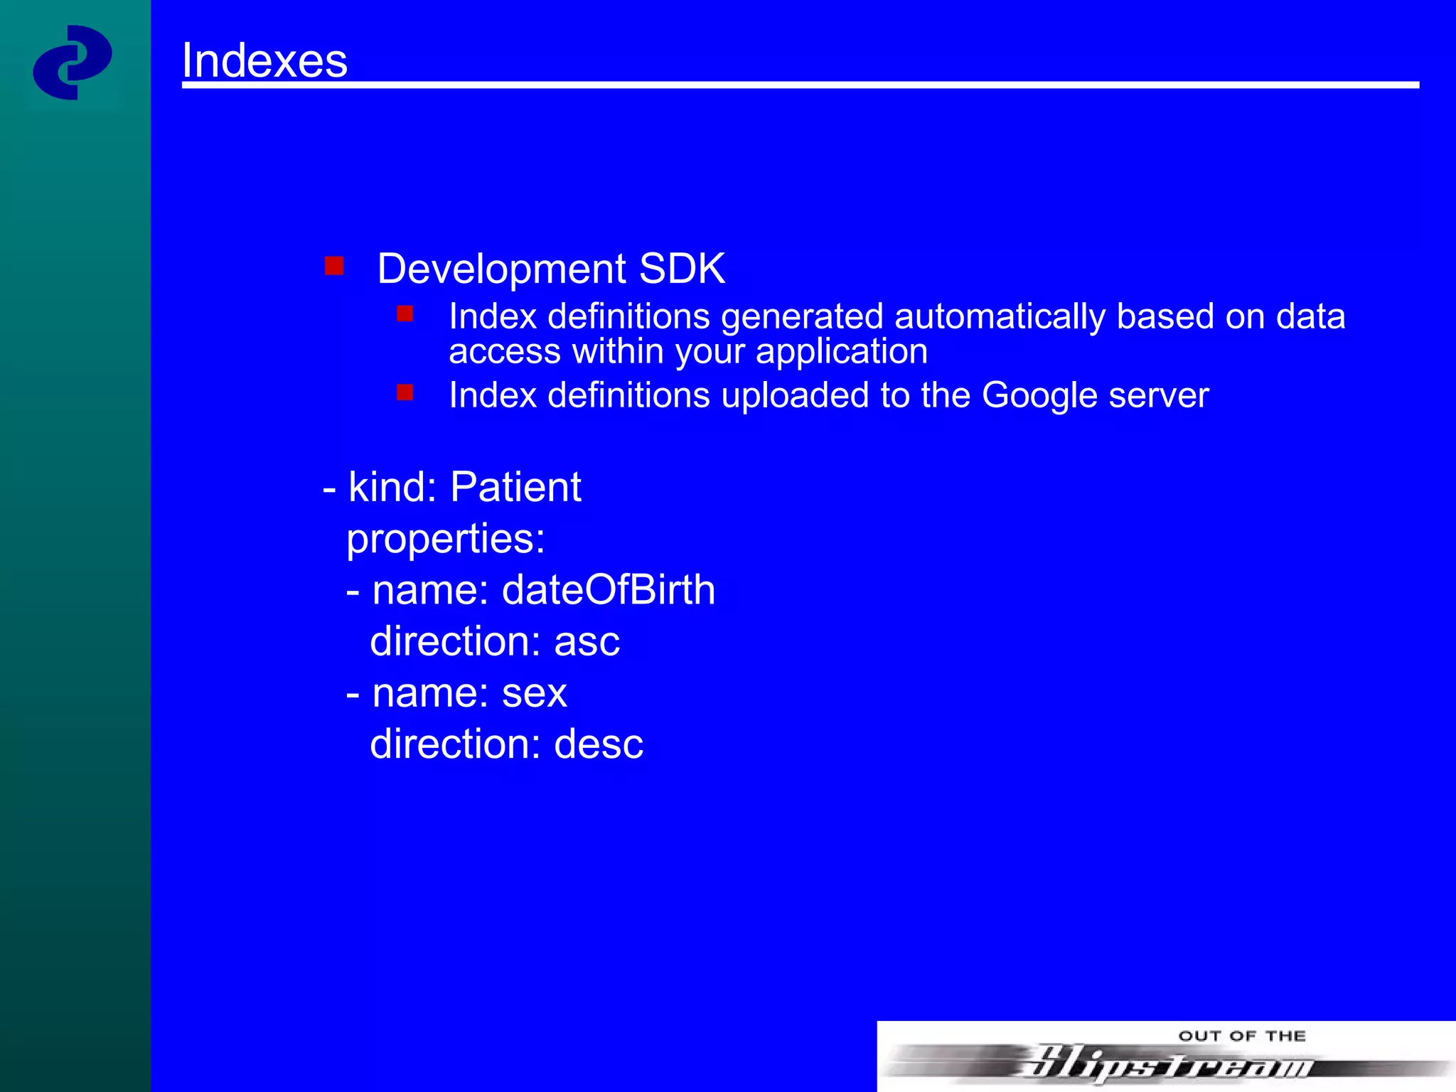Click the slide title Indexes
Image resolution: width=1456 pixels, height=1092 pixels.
[264, 60]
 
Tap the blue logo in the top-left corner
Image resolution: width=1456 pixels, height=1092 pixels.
[72, 63]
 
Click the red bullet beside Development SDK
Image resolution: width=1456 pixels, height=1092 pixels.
[334, 266]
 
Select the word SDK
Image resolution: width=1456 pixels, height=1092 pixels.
[682, 269]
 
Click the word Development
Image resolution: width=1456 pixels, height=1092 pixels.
[501, 270]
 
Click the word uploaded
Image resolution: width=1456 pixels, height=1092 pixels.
[795, 396]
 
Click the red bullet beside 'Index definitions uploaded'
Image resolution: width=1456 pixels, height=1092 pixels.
[405, 392]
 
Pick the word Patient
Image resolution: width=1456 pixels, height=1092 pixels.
[515, 488]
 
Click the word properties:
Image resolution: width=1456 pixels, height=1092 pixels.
[446, 540]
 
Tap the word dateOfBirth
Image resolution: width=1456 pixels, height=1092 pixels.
[609, 590]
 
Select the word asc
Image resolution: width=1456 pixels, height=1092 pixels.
[587, 642]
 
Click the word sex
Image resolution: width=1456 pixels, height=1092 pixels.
[534, 693]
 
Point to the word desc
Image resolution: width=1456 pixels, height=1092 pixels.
[599, 744]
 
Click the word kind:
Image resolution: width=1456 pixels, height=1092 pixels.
[392, 488]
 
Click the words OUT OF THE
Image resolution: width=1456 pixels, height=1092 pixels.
[1242, 1036]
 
